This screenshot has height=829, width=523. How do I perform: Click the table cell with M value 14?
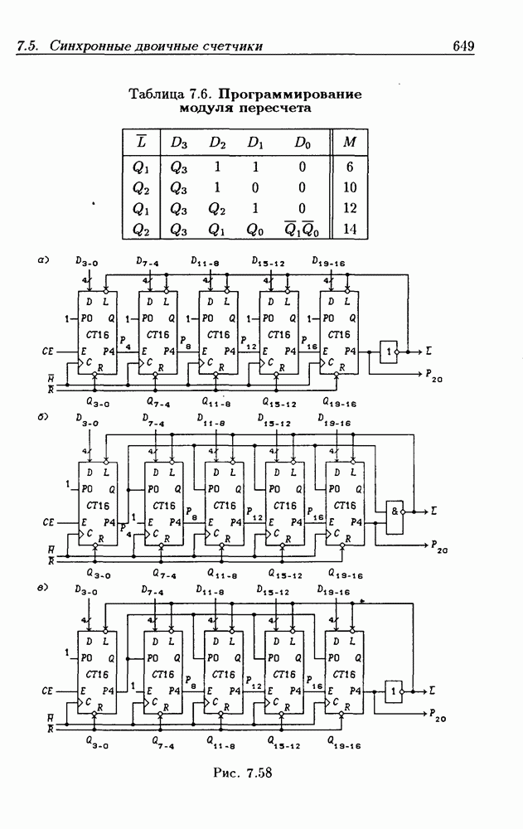[349, 230]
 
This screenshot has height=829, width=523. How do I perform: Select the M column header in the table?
[349, 143]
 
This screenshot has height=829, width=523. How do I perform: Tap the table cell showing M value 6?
[349, 166]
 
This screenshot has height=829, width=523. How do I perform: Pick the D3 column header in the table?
[179, 143]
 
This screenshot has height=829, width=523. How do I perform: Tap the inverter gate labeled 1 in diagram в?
[393, 688]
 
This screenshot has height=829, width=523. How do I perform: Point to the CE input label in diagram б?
[48, 523]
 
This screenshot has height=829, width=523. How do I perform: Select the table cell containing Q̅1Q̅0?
[303, 230]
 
